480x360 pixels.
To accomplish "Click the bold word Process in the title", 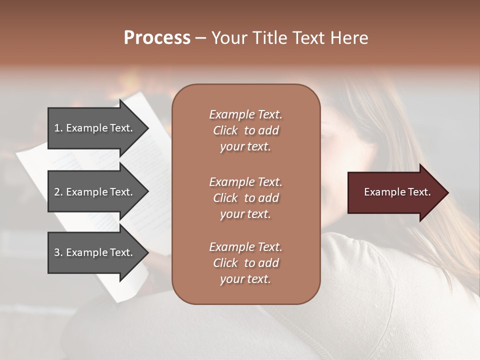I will point(157,38).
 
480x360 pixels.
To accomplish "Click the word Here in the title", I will point(349,38).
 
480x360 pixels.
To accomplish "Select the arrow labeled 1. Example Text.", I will point(95,128).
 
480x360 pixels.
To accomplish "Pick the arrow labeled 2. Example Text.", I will point(95,192).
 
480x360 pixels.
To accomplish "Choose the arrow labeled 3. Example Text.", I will point(95,252).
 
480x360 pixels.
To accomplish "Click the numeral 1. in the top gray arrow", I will point(58,128).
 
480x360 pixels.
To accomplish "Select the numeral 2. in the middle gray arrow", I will point(58,192).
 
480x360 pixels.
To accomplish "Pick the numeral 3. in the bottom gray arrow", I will point(58,252).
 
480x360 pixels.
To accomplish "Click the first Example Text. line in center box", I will point(245,114).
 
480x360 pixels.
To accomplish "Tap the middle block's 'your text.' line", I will point(245,214).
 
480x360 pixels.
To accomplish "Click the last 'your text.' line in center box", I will point(245,279).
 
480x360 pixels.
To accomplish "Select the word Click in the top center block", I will point(225,130).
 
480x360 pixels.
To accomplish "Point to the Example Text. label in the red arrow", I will point(397,192).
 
